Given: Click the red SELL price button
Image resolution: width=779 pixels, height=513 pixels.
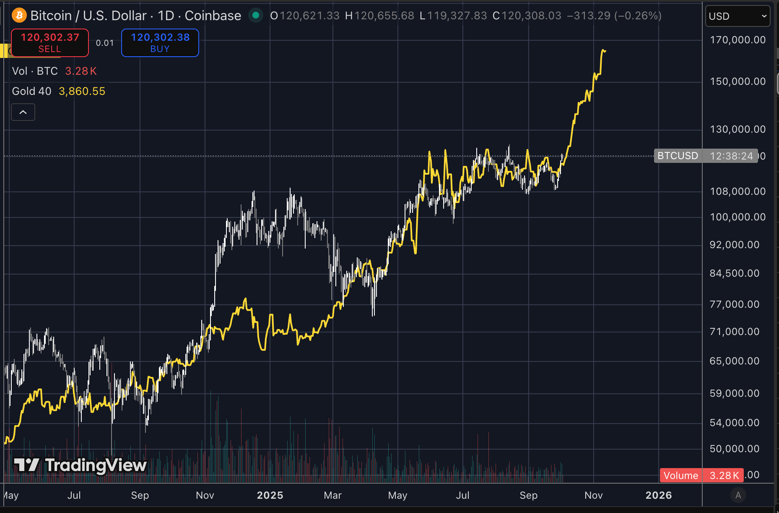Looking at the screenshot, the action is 50,43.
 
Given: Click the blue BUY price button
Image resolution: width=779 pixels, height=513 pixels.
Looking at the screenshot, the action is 160,43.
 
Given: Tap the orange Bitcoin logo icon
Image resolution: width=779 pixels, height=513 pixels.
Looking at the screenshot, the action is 19,16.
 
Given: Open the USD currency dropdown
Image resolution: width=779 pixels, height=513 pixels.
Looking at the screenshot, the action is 738,16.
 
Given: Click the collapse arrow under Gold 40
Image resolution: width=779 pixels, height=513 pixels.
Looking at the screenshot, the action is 23,112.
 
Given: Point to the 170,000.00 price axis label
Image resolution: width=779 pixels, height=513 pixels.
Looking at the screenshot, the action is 738,40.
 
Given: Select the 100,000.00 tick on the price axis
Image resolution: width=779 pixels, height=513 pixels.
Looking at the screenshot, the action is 738,217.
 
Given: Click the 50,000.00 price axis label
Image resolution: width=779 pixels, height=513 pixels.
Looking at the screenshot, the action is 735,449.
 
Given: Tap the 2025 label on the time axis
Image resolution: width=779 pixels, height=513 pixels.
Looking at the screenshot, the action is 270,495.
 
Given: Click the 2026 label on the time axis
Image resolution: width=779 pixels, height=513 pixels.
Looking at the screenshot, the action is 659,495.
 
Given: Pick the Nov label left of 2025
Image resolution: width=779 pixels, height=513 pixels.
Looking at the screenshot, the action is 205,495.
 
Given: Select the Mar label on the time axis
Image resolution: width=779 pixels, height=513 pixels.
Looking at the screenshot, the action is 333,495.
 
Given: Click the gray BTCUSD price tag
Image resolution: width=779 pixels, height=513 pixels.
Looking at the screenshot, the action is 678,156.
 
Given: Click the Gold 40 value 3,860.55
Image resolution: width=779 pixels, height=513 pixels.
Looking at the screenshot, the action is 82,91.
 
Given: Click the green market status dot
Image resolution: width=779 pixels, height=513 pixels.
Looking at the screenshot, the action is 255,16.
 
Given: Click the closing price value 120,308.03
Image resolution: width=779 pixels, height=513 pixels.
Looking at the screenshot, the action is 531,16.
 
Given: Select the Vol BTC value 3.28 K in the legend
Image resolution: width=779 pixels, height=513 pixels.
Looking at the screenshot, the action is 81,71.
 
